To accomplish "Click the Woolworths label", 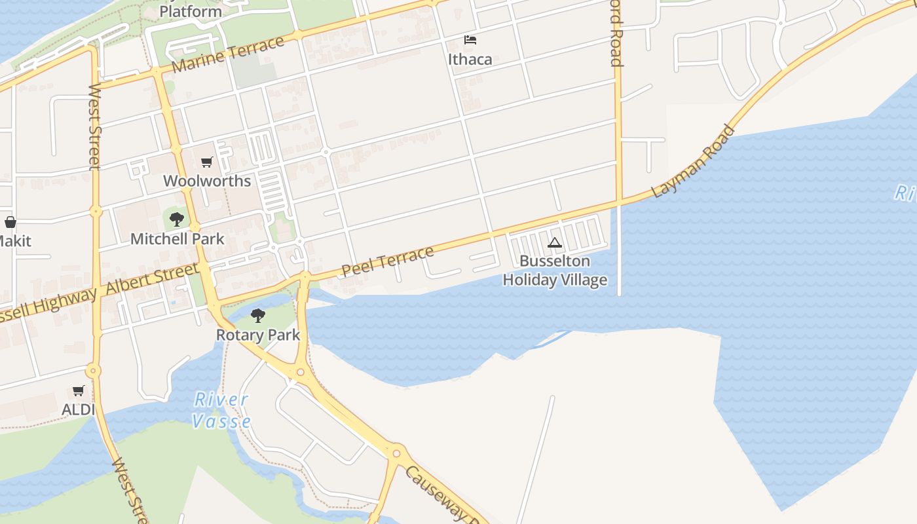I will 207,181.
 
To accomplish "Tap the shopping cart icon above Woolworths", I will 207,162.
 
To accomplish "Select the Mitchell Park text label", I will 177,239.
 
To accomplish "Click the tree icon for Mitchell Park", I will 176,219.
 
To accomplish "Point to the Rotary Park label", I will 258,335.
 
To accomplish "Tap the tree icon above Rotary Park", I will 258,316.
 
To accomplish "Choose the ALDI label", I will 79,409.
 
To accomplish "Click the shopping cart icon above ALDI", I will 79,391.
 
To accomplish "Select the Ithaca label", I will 470,59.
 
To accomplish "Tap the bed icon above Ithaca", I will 470,40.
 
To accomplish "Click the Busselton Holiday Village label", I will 555,271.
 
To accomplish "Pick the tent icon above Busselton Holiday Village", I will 555,243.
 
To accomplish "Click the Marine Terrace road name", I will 229,56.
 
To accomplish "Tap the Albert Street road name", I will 152,278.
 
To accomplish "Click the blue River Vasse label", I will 222,410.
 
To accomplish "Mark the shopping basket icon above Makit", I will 10,223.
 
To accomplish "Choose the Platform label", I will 191,11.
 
